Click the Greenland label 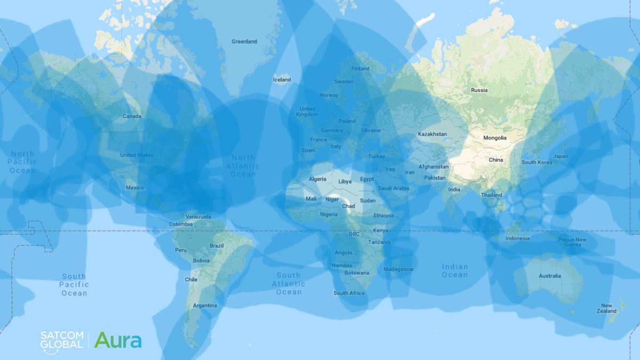(244, 42)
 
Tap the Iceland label (282, 80)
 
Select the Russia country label (479, 90)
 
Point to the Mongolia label (494, 138)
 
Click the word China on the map (495, 160)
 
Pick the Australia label (549, 276)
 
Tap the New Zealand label (606, 308)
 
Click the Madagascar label (398, 269)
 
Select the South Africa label (349, 293)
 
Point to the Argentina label (205, 306)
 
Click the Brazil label (217, 246)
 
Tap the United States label (137, 155)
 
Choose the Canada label (132, 116)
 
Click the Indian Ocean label (454, 270)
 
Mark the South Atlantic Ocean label (289, 284)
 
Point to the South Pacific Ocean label (74, 285)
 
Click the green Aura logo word (118, 340)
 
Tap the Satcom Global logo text (62, 340)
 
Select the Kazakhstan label (432, 134)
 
